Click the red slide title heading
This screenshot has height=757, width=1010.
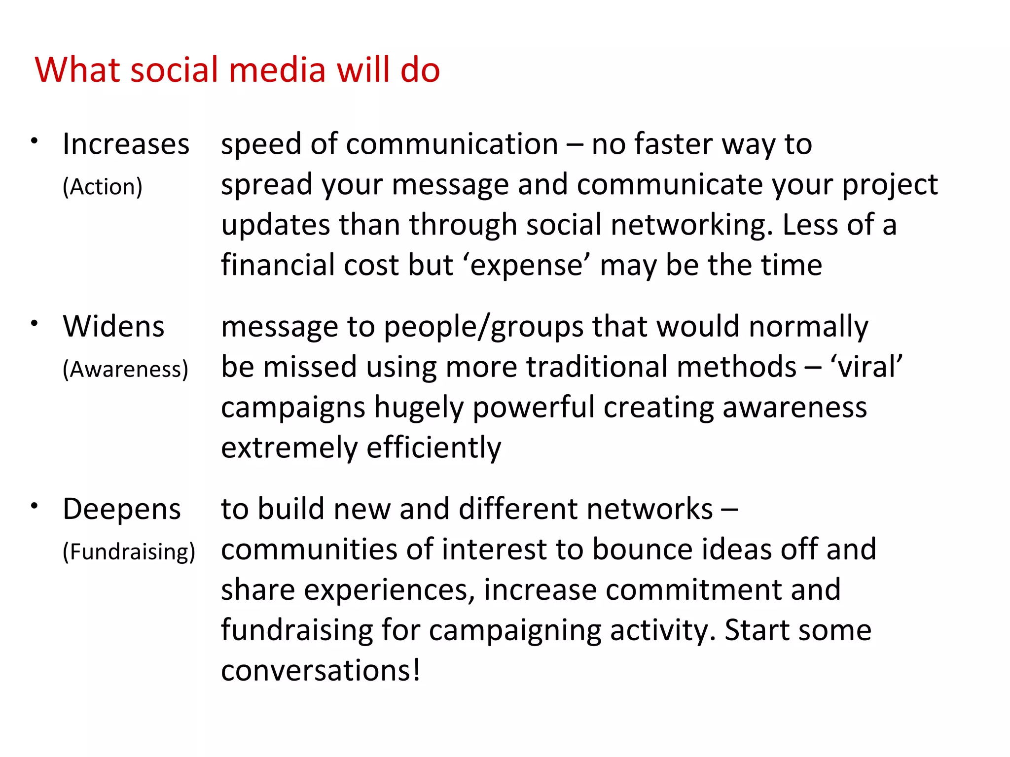(x=237, y=70)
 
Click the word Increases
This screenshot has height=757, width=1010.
(x=126, y=144)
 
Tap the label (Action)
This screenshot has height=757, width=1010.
(x=103, y=187)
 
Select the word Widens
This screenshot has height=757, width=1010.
(x=113, y=327)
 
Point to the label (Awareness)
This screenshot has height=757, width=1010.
(x=125, y=369)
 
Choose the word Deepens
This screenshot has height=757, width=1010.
(x=122, y=509)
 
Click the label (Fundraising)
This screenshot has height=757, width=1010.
(x=129, y=551)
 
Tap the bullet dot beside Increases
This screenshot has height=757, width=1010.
(x=34, y=141)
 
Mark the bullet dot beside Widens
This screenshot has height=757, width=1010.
(x=34, y=324)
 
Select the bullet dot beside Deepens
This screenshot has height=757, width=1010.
(x=34, y=506)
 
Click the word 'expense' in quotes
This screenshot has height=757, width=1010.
(x=526, y=266)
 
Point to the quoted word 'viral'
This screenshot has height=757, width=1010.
(x=866, y=367)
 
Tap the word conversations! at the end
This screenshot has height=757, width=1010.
(x=321, y=671)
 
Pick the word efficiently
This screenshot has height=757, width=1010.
(x=433, y=448)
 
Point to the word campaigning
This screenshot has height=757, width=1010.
(x=515, y=631)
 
